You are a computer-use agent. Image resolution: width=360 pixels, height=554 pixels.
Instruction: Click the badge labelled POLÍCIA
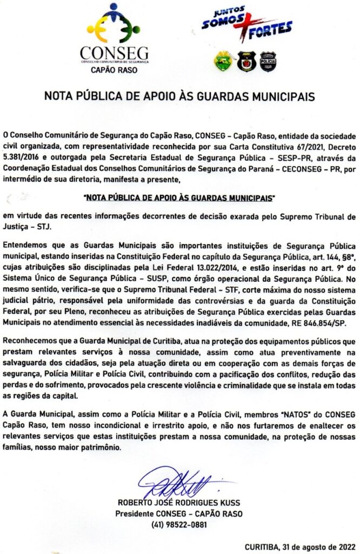(x=268, y=61)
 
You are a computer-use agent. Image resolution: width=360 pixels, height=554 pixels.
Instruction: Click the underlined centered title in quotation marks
(x=180, y=199)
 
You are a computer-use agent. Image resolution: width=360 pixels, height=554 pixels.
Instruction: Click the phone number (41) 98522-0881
(x=179, y=524)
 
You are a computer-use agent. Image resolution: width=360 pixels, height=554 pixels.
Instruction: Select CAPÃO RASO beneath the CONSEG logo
(x=114, y=70)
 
